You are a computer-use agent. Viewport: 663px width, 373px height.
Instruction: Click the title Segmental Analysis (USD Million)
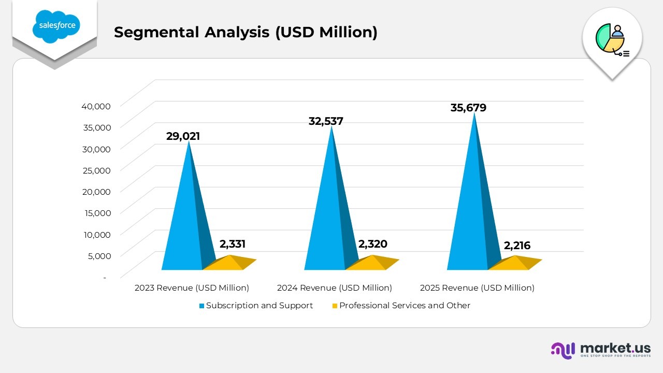246,32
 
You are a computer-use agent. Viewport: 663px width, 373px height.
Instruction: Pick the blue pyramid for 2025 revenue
471,212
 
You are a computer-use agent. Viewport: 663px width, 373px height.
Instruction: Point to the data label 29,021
183,136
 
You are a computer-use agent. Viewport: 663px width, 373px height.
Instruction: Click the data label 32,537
326,121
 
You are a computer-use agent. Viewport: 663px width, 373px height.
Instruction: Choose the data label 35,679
468,108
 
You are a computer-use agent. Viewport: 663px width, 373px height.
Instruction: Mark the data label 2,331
232,244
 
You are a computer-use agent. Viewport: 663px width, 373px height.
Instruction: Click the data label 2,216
517,245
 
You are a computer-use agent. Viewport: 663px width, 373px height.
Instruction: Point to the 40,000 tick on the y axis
96,106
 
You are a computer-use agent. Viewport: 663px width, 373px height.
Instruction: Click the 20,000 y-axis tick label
96,191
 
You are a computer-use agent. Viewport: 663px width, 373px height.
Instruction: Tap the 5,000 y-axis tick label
98,255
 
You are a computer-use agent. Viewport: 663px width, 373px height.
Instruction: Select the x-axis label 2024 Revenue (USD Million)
334,288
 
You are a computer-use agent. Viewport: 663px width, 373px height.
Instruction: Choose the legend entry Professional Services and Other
404,306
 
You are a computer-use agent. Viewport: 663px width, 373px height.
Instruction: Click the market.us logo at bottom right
601,350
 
